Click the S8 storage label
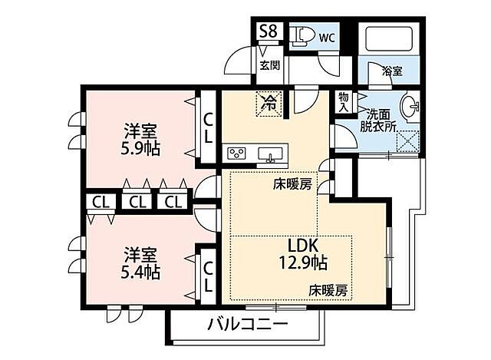[x=269, y=31]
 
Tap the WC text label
[x=327, y=37]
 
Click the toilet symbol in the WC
[x=301, y=35]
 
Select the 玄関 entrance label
[x=269, y=66]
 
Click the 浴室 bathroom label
[x=392, y=71]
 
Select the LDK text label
[x=303, y=246]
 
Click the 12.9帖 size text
[x=302, y=263]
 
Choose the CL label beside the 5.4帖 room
[x=209, y=275]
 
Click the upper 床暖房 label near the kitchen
[x=293, y=185]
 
